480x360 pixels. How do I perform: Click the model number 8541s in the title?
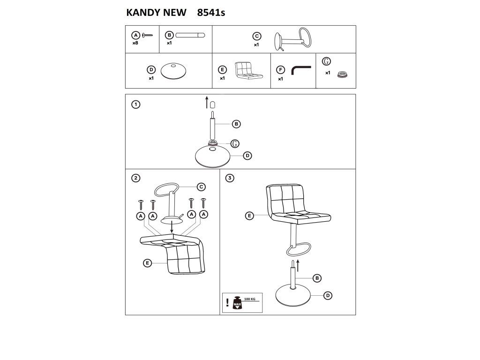(x=211, y=13)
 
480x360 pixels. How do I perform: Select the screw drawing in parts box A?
(x=147, y=35)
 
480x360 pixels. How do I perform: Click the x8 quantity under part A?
(x=135, y=43)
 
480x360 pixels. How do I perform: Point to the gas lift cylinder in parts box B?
(x=190, y=35)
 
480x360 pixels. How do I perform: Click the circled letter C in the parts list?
(x=257, y=36)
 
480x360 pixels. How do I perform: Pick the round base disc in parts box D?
(x=173, y=71)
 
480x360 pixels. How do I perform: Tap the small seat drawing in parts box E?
(x=248, y=71)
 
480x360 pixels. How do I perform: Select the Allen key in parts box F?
(x=301, y=70)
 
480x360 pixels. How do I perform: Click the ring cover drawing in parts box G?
(x=342, y=75)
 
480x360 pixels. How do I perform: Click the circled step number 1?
(x=135, y=105)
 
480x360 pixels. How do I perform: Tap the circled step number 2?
(x=135, y=178)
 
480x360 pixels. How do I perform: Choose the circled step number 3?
(x=230, y=178)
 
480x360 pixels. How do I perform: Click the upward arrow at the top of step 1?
(x=207, y=102)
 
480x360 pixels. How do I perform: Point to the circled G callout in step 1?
(x=235, y=143)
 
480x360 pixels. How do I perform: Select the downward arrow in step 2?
(x=172, y=226)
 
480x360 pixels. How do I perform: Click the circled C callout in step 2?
(x=201, y=187)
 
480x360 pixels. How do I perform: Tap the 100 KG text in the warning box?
(x=249, y=299)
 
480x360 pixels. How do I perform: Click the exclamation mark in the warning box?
(x=227, y=302)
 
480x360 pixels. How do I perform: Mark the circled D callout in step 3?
(x=328, y=295)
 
